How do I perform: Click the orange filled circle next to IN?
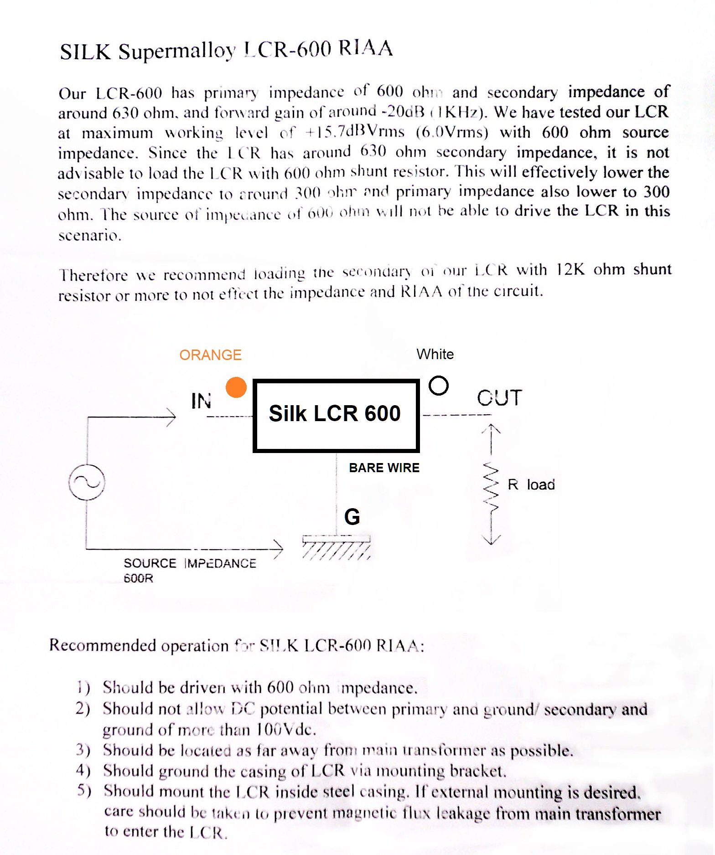(236, 387)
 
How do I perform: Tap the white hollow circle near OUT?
(438, 386)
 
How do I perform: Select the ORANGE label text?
(210, 355)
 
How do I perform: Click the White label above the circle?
(435, 354)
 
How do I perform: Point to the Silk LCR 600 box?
(336, 415)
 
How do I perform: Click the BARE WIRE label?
(384, 468)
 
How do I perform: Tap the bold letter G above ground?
(352, 517)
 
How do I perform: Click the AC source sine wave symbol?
(87, 482)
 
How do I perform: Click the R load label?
(531, 484)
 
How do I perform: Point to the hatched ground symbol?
(337, 547)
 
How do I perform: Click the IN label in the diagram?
(201, 401)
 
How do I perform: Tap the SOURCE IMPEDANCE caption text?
(190, 563)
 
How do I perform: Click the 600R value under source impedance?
(139, 579)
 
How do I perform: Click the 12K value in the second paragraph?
(570, 269)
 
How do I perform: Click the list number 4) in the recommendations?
(83, 770)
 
